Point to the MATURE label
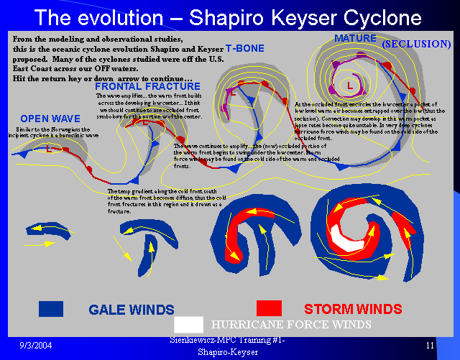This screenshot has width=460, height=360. [355, 37]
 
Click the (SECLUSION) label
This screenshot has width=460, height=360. [416, 44]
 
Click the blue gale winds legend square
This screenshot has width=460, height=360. [52, 308]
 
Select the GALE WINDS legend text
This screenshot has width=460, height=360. [131, 310]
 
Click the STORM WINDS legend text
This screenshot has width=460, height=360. [352, 310]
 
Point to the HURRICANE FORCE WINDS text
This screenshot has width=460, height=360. [291, 325]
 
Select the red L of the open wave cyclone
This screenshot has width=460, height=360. [49, 150]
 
